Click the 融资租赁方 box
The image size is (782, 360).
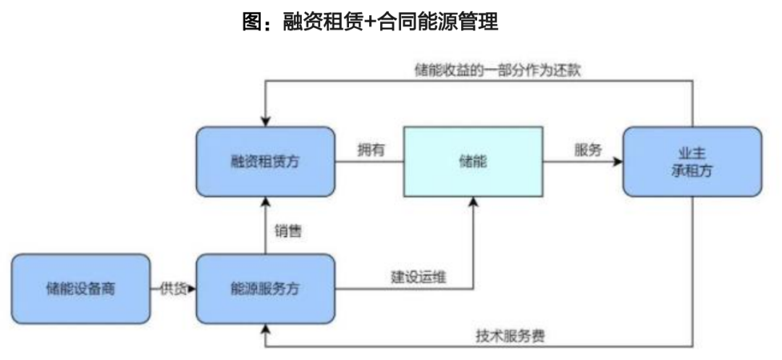point(264,161)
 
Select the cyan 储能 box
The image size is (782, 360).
point(472,161)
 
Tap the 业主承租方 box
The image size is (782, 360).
point(691,161)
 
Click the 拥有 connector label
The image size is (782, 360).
point(370,150)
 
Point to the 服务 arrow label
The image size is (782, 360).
point(586,150)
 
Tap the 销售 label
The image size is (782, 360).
point(287,232)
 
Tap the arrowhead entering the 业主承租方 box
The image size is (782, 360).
point(618,161)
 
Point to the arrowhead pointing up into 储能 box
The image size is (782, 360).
point(472,201)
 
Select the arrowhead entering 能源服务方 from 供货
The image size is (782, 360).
point(192,289)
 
